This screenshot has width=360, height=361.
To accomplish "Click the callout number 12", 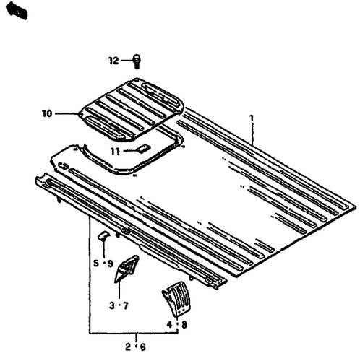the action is tap(113, 61).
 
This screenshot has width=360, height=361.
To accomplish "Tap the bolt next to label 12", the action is tap(137, 61).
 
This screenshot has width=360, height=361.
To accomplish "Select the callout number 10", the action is tap(47, 113).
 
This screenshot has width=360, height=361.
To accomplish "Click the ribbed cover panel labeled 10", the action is tap(132, 110).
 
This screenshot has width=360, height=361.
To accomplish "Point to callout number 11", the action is tap(115, 152).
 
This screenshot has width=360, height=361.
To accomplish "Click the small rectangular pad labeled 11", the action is tap(144, 149).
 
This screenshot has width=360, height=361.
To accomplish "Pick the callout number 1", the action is tap(252, 118).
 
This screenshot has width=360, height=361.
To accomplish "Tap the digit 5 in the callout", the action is tap(96, 264).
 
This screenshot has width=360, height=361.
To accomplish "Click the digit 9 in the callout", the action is tap(110, 264).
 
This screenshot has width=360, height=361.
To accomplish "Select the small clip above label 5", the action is tap(103, 235).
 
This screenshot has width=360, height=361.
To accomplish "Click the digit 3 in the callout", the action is tap(111, 305).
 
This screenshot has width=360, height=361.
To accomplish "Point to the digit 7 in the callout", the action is tap(126, 306).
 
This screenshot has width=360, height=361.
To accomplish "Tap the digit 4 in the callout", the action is tap(170, 325).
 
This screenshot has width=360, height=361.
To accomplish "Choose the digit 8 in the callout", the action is tap(184, 325).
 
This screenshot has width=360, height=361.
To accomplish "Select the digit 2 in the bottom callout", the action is tap(128, 347).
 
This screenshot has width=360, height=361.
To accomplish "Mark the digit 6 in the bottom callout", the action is tap(143, 347).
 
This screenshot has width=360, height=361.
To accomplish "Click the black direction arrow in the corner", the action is tap(17, 10).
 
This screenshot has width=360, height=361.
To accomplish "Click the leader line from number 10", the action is tap(67, 113).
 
